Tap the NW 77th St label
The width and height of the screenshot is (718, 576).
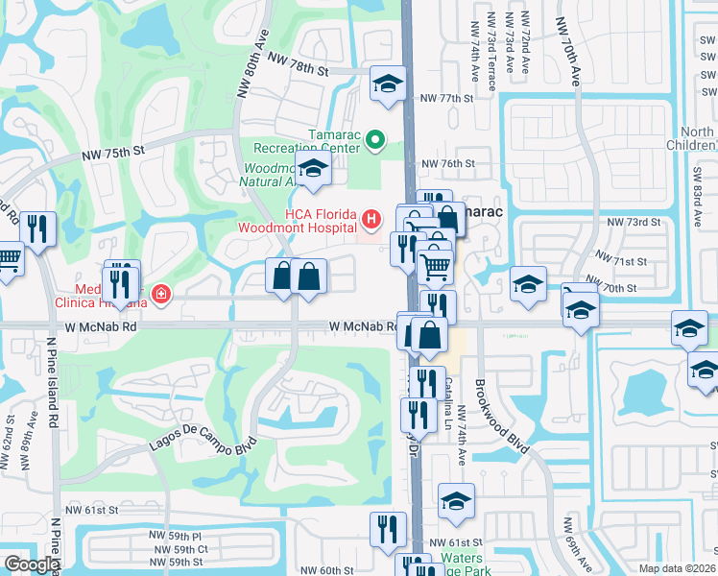point(447,98)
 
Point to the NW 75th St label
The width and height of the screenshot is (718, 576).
point(112,151)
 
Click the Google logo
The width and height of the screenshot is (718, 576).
point(32,564)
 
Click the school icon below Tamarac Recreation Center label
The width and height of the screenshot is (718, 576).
point(311,172)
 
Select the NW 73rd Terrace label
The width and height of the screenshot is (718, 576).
point(491,53)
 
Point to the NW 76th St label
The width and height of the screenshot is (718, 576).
point(449,164)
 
